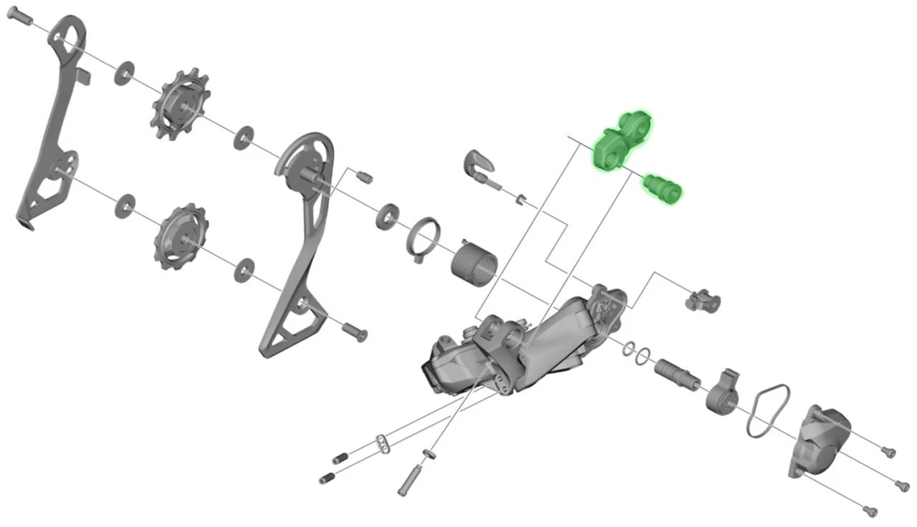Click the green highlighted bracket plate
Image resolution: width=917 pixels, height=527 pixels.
(x=620, y=141)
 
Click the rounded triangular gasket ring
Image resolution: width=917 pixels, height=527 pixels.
(x=769, y=410)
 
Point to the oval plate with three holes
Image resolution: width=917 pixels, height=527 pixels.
(x=383, y=443)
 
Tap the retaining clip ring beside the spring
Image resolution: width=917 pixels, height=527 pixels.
(x=424, y=238)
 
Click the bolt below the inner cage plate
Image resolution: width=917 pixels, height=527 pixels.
(x=355, y=331)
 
